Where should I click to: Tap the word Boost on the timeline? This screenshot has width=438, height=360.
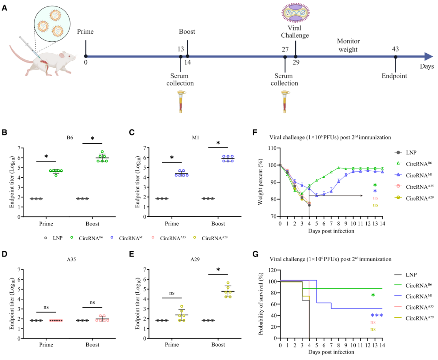tap(187, 32)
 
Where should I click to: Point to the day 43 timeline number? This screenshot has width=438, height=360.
tap(395, 49)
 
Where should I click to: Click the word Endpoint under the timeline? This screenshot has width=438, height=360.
tap(395, 75)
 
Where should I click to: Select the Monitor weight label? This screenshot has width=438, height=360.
tap(348, 45)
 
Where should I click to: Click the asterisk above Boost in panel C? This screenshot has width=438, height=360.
tap(218, 143)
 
